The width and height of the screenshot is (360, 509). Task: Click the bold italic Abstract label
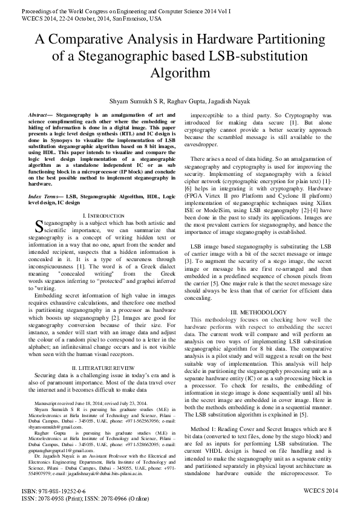click(41, 114)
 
